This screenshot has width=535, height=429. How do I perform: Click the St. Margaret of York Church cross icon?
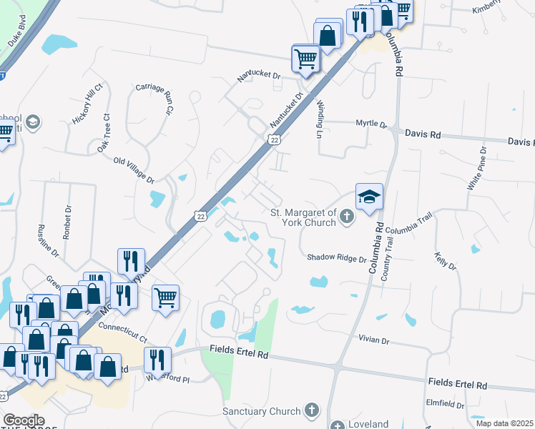347,217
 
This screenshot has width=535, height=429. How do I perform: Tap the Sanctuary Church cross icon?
310,410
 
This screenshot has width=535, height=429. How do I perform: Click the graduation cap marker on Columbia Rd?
369,197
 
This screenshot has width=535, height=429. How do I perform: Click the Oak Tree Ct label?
104,133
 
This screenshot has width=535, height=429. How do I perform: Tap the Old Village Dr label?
134,168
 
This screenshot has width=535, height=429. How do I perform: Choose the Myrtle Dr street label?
371,124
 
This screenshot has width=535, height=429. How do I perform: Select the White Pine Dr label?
476,168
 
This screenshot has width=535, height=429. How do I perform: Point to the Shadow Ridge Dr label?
337,258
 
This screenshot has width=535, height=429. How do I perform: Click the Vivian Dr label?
374,340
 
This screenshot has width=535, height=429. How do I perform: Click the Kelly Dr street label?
444,260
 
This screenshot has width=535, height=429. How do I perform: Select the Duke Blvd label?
18,34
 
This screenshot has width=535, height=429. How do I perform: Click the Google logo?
24,420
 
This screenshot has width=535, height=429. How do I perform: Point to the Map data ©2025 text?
504,423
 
